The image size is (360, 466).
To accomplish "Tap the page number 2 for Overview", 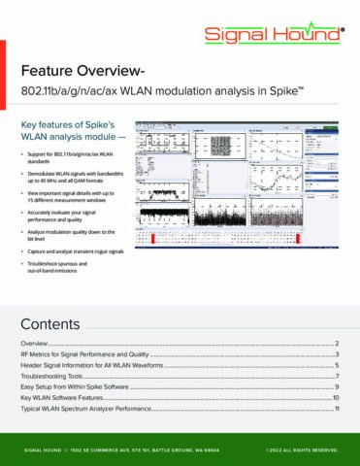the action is point(336,344).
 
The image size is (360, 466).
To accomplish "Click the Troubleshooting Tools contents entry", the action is point(58,376).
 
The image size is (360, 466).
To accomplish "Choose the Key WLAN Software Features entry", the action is point(67,397).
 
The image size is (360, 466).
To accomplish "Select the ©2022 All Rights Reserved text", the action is point(301,449).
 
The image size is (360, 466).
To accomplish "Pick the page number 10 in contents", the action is point(335,397).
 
